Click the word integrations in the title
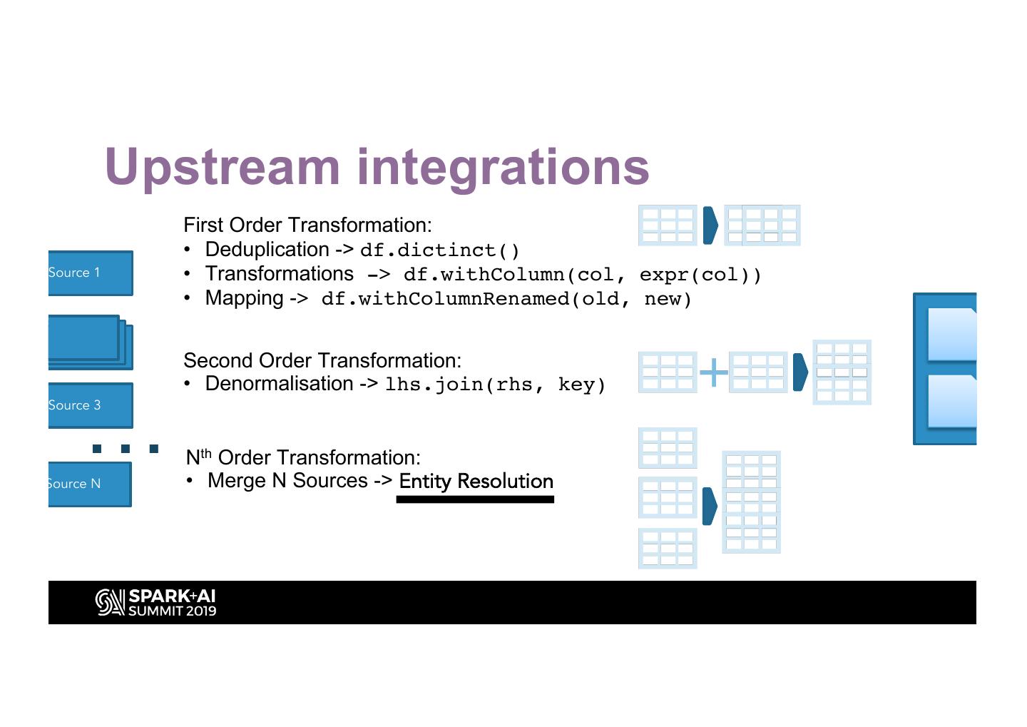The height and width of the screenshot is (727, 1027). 503,168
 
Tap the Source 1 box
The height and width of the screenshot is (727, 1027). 91,273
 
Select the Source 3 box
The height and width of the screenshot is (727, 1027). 91,405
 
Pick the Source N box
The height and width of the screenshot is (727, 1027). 90,484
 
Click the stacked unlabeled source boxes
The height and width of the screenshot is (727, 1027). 89,342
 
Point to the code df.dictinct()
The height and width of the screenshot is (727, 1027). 439,250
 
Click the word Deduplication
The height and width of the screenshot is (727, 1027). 267,250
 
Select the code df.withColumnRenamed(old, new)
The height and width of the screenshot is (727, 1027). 506,299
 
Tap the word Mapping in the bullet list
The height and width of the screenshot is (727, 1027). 244,298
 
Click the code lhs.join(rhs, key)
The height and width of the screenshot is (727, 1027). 495,385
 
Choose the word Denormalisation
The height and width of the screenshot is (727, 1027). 279,384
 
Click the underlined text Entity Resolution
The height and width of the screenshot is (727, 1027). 476,482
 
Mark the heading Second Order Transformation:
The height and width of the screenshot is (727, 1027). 322,360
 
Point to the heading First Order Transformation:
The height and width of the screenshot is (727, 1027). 307,225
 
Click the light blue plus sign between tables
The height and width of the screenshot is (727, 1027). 713,372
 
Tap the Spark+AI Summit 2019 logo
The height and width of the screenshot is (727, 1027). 155,603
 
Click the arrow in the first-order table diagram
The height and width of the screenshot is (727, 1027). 710,225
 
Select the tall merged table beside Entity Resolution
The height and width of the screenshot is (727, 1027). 751,502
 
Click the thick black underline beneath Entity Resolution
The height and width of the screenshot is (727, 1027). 475,499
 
